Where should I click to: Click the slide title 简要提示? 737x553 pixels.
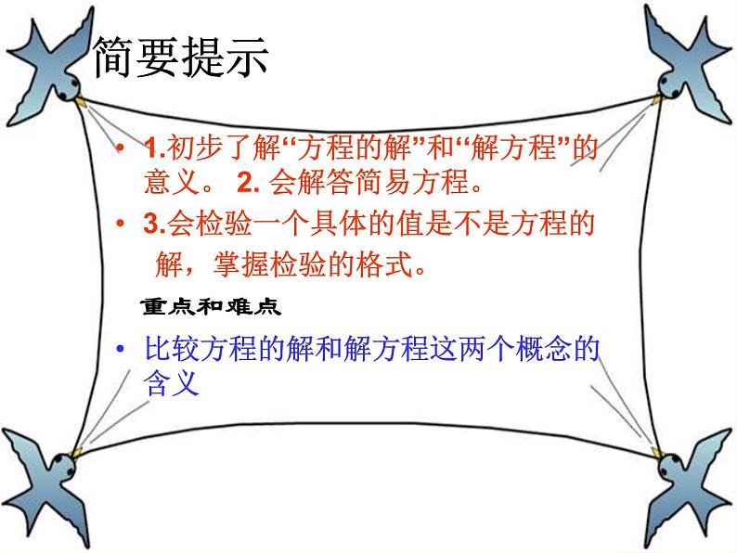[181, 58]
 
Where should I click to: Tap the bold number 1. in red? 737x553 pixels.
[155, 148]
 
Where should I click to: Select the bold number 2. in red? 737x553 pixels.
[249, 182]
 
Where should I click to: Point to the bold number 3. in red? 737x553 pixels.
[155, 224]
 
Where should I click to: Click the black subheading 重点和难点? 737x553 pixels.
[211, 307]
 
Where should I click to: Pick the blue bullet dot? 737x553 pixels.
[121, 349]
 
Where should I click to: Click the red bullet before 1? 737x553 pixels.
[121, 148]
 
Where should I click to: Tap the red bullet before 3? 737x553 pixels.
[121, 224]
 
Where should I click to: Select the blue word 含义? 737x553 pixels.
[172, 382]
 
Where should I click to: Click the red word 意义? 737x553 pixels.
[172, 182]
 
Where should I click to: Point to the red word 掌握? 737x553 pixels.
[241, 264]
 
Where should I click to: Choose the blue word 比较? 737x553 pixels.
[172, 349]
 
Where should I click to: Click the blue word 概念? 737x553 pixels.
[543, 349]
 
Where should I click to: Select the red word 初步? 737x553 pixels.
[195, 148]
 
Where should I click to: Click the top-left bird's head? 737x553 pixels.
[69, 87]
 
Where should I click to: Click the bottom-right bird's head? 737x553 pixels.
[671, 466]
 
